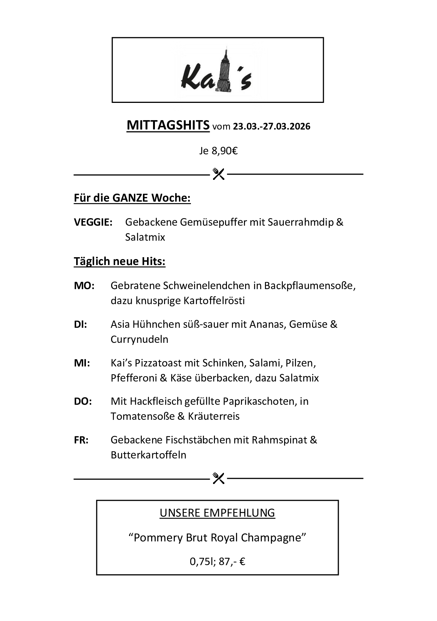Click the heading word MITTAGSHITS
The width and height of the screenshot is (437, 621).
[x=168, y=125]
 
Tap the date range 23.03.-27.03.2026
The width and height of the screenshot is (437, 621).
[x=272, y=126]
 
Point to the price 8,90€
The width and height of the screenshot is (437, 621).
[x=225, y=151]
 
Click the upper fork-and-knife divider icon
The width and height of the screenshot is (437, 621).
[x=218, y=174]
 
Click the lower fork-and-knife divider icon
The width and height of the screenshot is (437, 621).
[x=218, y=478]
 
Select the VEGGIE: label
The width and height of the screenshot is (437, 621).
[x=93, y=222]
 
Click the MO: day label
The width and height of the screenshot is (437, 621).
[x=84, y=286]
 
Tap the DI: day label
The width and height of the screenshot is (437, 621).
[x=80, y=324]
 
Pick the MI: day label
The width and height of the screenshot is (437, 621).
[x=82, y=363]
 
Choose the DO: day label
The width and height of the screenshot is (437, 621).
[x=83, y=401]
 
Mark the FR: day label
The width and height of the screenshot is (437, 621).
[x=81, y=440]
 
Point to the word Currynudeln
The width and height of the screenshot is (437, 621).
[x=139, y=339]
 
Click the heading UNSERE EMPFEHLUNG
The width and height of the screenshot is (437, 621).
[x=218, y=513]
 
